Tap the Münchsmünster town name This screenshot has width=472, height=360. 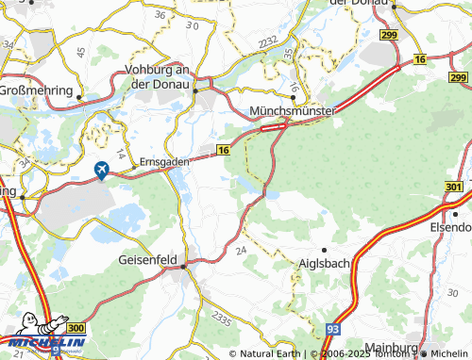tap(295, 111)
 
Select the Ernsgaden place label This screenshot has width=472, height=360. tap(164, 161)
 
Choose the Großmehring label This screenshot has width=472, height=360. tap(36, 90)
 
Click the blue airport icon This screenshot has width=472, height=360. tap(102, 170)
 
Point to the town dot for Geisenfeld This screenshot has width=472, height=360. tap(186, 266)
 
